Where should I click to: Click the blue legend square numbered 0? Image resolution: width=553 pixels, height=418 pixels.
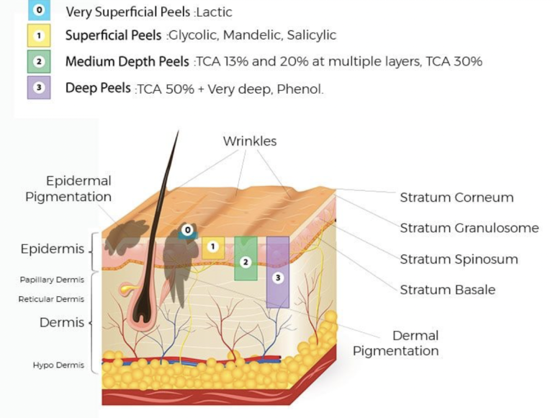click(39, 10)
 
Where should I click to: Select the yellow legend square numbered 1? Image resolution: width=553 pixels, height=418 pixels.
click(39, 35)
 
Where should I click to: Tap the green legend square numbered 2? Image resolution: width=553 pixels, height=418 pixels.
click(39, 61)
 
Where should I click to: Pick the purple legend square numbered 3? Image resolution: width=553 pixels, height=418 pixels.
click(39, 87)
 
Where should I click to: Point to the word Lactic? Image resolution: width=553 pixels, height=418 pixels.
click(215, 12)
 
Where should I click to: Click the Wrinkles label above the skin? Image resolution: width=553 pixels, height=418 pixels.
click(250, 141)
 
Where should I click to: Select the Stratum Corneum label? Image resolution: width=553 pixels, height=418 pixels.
click(457, 197)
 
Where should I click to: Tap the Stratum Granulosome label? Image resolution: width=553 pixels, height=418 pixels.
click(469, 228)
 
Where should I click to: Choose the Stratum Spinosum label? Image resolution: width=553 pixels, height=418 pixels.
click(459, 259)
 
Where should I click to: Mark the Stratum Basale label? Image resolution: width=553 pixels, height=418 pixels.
click(448, 290)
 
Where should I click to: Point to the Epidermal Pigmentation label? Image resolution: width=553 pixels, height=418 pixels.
click(68, 189)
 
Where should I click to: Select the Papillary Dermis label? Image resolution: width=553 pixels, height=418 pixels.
click(52, 280)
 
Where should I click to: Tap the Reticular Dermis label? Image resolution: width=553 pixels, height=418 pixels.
click(51, 299)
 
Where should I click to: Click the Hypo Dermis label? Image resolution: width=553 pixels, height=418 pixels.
click(58, 365)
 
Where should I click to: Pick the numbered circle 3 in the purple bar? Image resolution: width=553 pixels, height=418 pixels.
click(278, 278)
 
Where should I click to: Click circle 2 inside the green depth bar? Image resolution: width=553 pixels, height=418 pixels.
click(246, 262)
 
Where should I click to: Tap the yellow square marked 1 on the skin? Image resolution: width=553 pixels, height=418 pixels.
click(213, 247)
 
